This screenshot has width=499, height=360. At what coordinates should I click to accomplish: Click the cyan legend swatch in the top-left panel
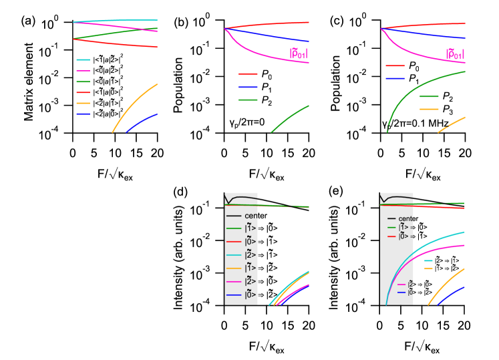83,59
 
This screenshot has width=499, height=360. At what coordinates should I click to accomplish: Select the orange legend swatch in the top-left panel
83,103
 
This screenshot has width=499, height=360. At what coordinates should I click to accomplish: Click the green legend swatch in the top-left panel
83,81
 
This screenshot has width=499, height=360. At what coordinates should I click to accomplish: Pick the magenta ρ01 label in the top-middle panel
298,53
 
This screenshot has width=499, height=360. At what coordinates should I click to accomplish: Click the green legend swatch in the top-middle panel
248,100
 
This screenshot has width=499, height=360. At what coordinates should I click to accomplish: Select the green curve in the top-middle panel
291,117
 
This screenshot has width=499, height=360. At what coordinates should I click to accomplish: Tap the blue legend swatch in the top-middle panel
248,87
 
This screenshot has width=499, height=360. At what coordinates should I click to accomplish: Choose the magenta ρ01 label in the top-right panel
455,53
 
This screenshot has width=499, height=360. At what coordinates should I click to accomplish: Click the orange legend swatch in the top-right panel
429,108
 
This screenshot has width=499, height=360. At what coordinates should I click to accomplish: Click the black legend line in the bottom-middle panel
234,216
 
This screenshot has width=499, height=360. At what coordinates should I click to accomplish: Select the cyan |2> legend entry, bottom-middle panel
234,254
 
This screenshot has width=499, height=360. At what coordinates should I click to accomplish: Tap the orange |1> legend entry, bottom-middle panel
234,268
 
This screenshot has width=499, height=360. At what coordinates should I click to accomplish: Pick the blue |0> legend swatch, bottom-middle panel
234,294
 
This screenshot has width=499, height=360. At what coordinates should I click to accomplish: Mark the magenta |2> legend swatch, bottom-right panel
402,284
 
